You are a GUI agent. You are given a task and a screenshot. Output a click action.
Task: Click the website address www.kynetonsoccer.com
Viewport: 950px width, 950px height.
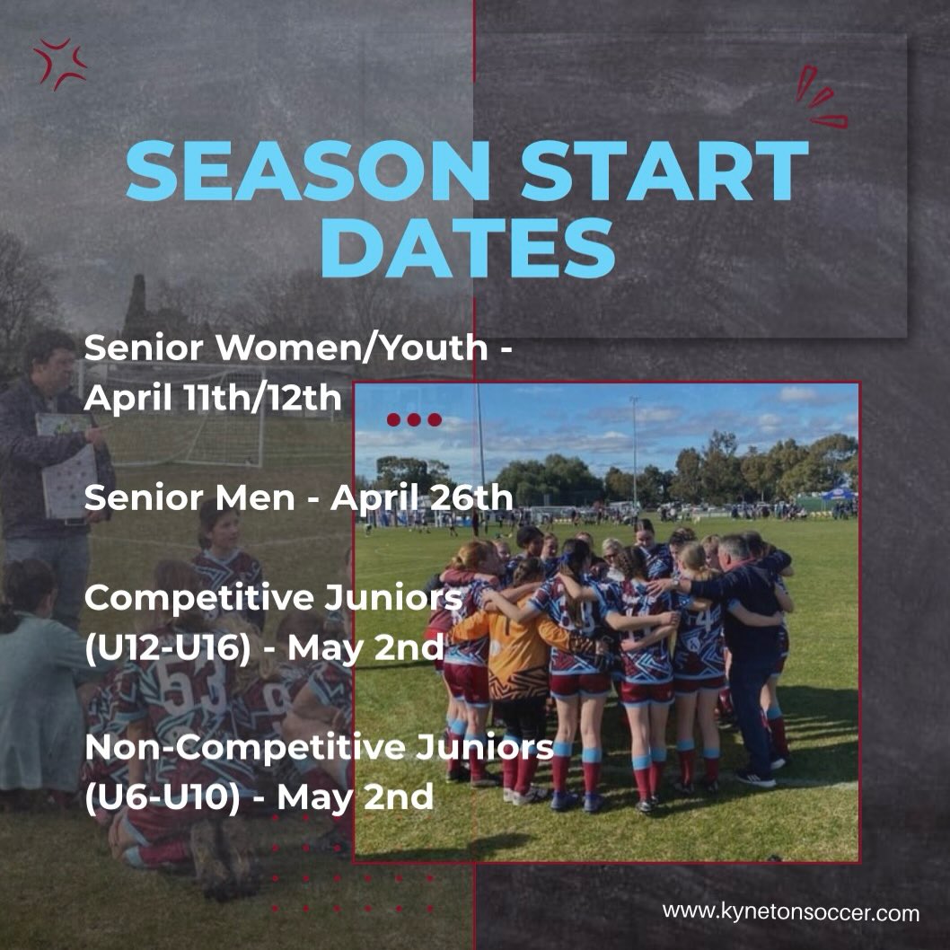791,913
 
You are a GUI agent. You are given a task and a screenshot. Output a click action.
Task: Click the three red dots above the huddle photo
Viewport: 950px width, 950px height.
414,419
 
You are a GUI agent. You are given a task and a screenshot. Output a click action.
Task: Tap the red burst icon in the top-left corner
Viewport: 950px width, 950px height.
60,63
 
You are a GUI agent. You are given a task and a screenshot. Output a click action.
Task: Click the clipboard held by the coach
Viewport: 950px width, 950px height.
68,467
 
